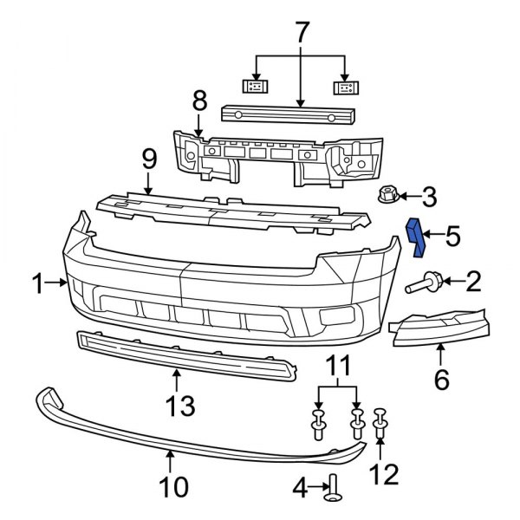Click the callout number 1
37,282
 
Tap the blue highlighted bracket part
417,237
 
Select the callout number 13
176,404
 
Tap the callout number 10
174,487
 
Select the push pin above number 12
379,422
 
